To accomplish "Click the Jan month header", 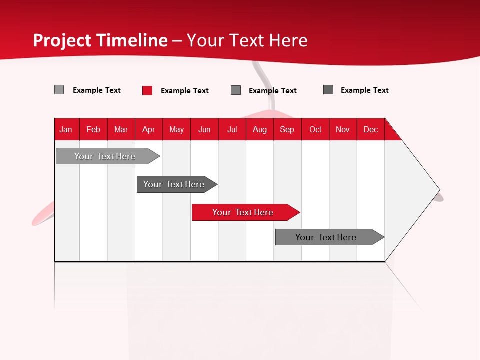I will point(66,129).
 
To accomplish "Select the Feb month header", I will point(93,129).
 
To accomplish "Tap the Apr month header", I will point(148,129).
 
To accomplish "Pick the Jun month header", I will point(204,129).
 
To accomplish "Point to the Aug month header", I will point(259,129).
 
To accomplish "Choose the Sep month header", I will point(287,129).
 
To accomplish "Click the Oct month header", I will point(315,129).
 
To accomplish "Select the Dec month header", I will point(370,129).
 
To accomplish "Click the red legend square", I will point(147,90).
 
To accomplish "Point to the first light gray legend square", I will point(59,90).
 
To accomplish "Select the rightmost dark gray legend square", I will point(328,90).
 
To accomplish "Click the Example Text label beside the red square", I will point(185,91).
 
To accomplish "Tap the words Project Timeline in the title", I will point(100,40).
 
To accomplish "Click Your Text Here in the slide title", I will point(247,40).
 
